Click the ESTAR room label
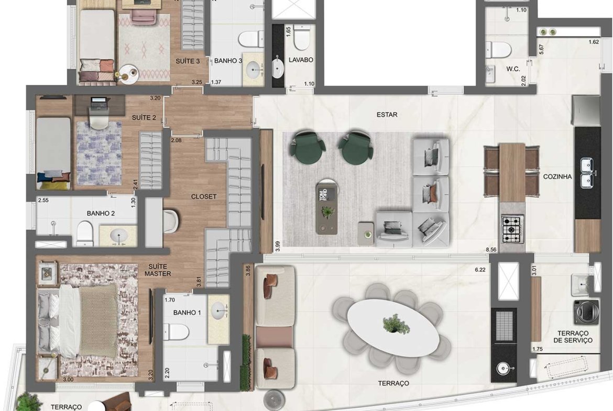pos(387,115)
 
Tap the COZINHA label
pos(557,176)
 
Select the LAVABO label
pos(301,60)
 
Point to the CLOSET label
pos(204,196)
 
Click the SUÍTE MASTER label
pos(158,270)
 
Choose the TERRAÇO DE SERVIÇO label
pos(573,337)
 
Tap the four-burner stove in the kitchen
pos(512,229)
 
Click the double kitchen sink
pos(587,173)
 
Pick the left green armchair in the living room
pos(308,147)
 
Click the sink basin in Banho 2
pos(118,236)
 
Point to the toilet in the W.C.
pos(498,50)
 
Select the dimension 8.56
pos(491,249)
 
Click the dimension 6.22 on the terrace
pos(480,270)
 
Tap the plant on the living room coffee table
pos(327,212)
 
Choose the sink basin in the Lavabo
pos(278,67)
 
